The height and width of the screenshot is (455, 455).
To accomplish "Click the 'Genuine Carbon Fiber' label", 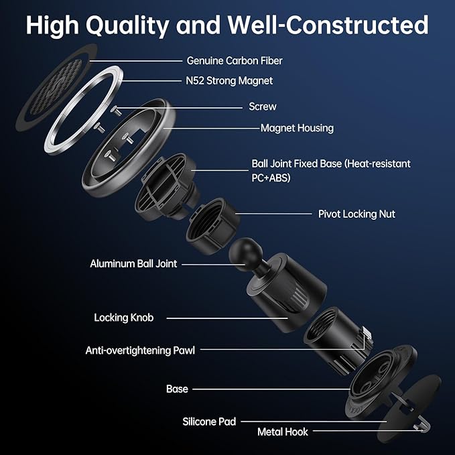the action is [235, 61].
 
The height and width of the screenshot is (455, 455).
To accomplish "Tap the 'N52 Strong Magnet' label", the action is [229, 81].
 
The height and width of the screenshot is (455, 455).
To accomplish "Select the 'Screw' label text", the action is [263, 107].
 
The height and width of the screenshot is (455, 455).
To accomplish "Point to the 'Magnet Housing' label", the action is [297, 128].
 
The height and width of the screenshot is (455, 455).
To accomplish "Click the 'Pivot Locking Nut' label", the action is [356, 214].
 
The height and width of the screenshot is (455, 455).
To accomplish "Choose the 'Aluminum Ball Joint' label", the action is [133, 264].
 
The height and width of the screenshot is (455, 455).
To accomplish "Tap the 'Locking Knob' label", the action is [124, 318].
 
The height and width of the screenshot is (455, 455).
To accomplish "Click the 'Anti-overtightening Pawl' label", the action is [140, 350].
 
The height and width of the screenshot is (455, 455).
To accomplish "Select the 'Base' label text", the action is [177, 389].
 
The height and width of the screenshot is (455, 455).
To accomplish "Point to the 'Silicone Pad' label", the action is [209, 421].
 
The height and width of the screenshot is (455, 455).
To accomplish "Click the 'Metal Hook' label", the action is [283, 432].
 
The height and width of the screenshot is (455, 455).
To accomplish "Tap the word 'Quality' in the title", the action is [128, 26].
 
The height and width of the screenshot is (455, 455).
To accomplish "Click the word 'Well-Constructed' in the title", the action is [328, 25].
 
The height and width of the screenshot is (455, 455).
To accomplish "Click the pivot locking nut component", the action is [212, 226].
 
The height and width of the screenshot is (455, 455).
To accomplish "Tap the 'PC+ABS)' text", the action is [271, 178].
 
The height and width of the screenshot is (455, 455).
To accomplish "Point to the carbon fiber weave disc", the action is [56, 88].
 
